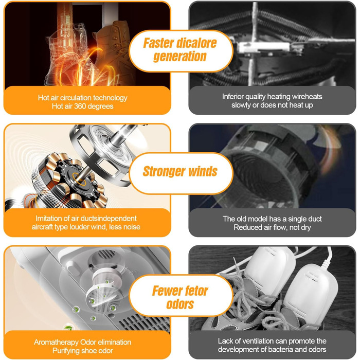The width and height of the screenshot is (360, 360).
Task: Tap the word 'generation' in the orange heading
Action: coord(180,56)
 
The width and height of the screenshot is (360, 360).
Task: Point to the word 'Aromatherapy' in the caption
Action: coord(56,343)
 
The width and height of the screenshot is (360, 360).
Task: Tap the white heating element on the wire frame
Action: coord(264,47)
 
